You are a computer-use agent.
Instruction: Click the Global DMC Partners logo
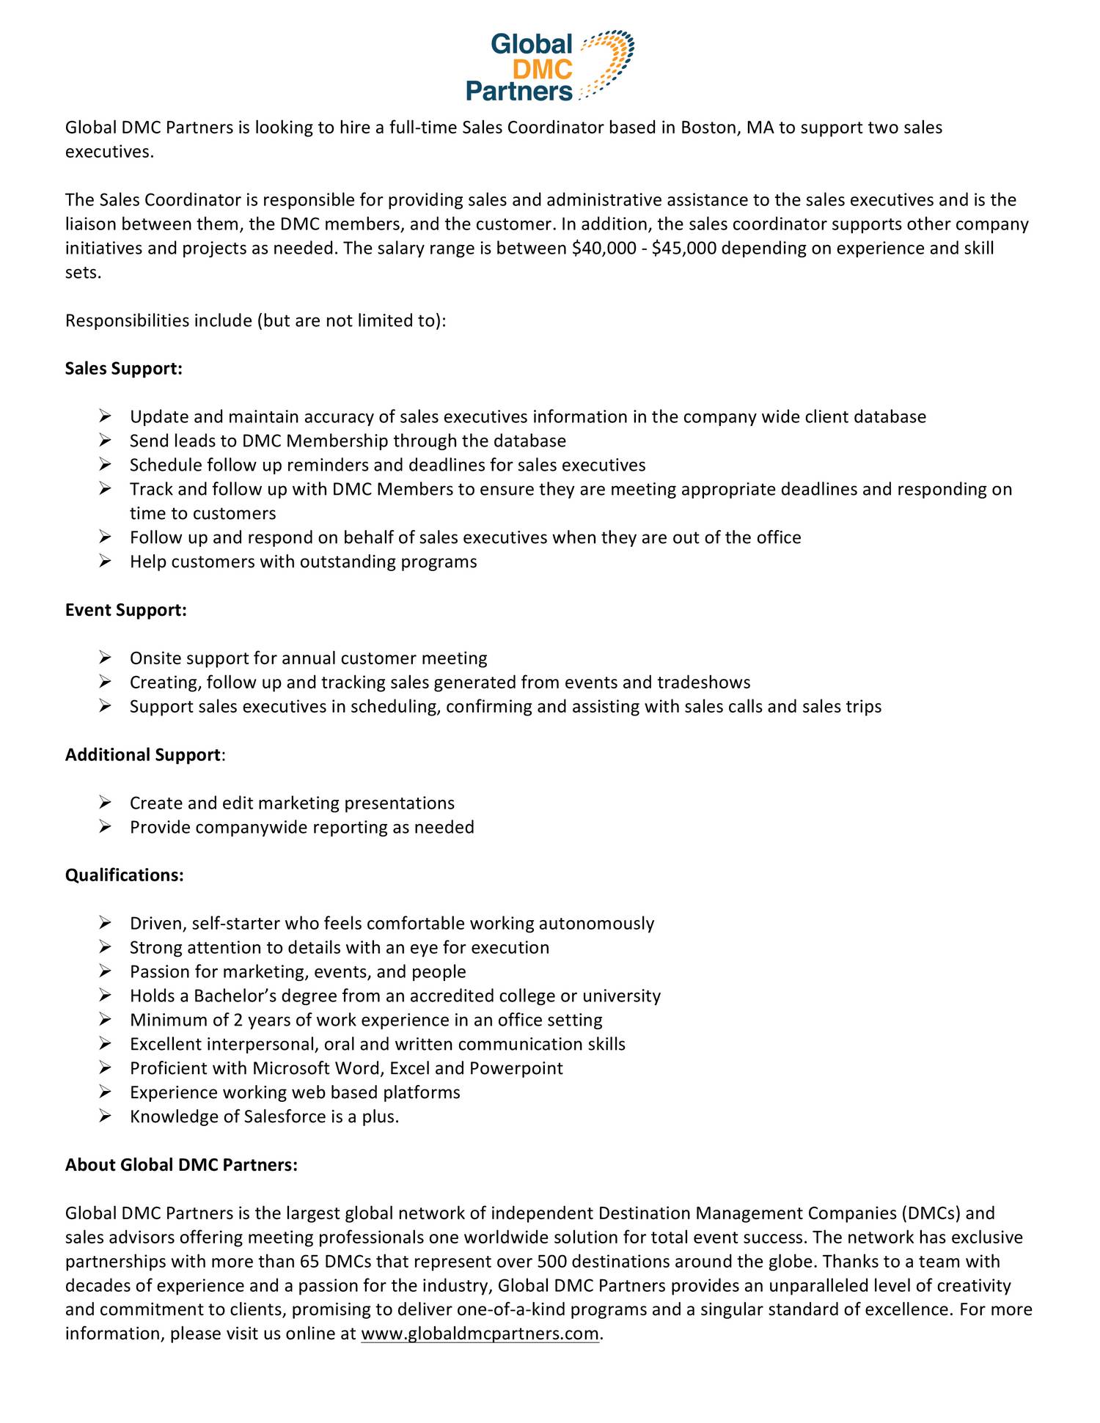click(x=549, y=66)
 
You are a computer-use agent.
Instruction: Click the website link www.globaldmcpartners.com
click(x=480, y=1334)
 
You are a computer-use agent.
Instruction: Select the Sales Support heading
click(x=123, y=368)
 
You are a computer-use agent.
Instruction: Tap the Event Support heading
click(x=125, y=610)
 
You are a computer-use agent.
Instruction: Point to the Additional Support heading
click(x=143, y=754)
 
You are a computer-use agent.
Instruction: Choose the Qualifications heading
click(x=124, y=875)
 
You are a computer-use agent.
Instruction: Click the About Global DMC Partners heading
click(x=181, y=1164)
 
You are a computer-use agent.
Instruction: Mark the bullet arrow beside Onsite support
click(x=105, y=658)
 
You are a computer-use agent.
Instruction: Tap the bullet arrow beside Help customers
click(x=105, y=562)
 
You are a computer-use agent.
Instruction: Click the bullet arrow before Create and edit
click(x=105, y=803)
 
